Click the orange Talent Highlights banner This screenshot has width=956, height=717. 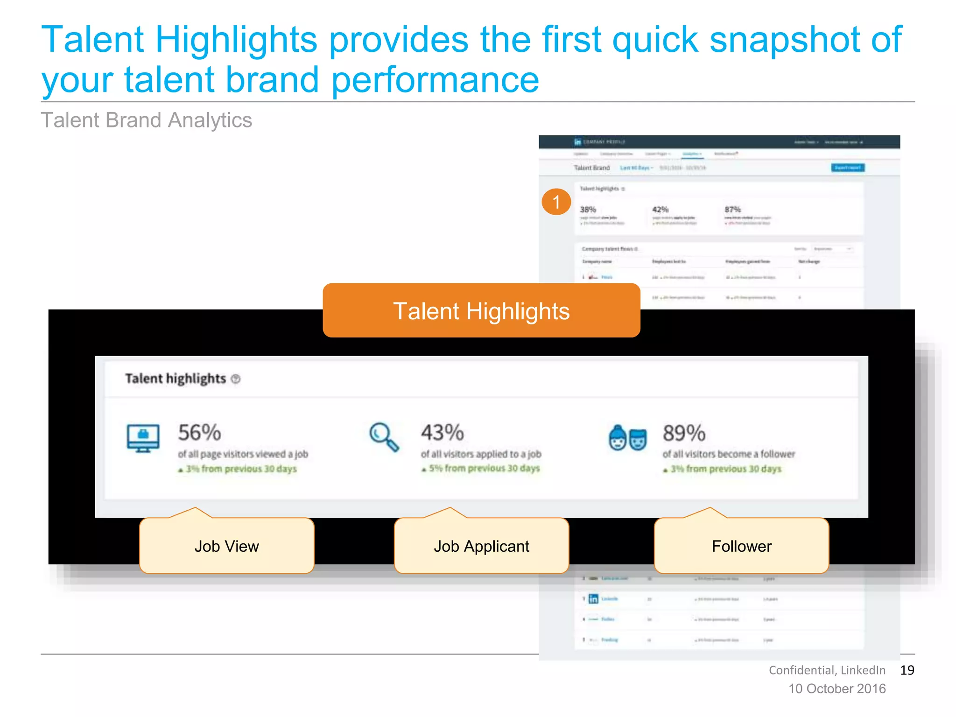click(481, 310)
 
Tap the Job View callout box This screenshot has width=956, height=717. click(227, 546)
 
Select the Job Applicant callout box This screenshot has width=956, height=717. click(481, 546)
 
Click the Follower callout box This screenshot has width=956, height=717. click(741, 546)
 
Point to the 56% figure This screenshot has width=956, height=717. click(199, 433)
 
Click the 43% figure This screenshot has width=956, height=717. click(442, 433)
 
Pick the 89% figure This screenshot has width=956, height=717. click(684, 433)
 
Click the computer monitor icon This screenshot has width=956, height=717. click(143, 438)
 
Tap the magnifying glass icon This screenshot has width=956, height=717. click(384, 437)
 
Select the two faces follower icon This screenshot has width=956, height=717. click(628, 438)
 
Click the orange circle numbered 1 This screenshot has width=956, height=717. click(556, 202)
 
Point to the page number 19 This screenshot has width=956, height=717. click(907, 670)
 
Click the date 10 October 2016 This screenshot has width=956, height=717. click(837, 689)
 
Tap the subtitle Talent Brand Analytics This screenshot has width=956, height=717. click(147, 120)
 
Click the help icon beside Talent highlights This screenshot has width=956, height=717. click(236, 379)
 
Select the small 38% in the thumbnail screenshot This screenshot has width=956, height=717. click(588, 210)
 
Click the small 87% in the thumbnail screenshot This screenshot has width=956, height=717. click(732, 210)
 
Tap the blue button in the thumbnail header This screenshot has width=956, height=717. click(848, 168)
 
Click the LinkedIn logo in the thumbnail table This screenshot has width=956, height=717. click(593, 598)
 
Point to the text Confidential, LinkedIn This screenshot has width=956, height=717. click(827, 670)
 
